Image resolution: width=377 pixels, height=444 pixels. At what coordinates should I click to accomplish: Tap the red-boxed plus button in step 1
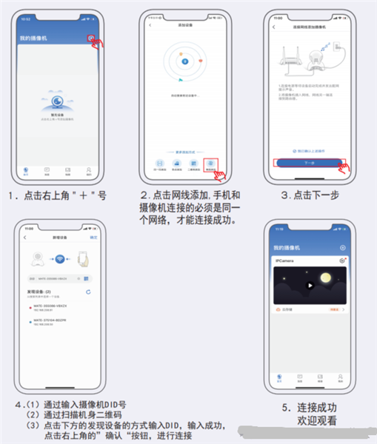pos(90,37)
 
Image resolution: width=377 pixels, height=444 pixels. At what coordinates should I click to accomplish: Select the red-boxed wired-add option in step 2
pos(211,164)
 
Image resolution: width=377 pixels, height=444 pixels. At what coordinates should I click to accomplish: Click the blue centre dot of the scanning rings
pos(184,61)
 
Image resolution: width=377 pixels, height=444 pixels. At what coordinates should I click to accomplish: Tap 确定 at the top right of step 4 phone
pos(93,238)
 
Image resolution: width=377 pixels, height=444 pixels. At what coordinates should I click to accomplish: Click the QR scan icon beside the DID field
pos(87,278)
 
